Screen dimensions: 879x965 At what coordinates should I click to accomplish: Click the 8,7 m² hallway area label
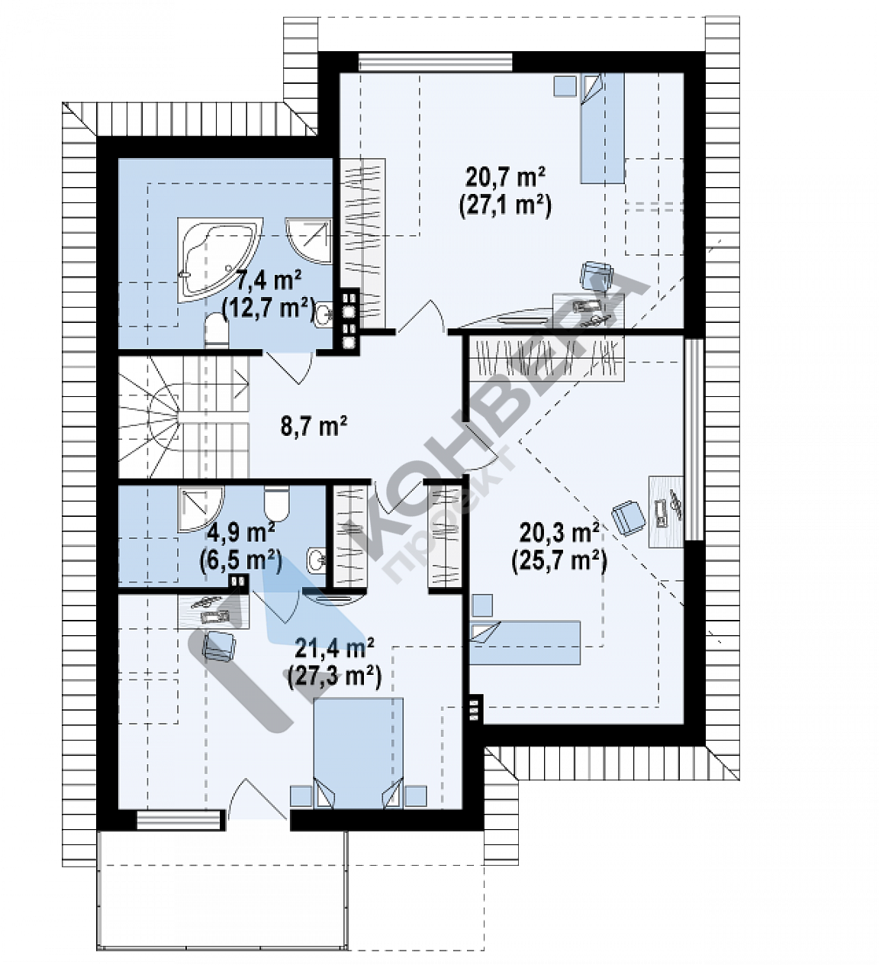(x=314, y=426)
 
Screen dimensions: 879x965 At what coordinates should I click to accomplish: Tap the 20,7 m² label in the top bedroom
(x=505, y=178)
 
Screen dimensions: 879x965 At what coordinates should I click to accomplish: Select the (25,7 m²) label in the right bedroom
(x=559, y=561)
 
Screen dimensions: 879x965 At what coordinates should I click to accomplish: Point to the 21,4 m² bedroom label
(x=334, y=648)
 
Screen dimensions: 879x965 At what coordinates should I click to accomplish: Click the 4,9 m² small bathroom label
(x=240, y=533)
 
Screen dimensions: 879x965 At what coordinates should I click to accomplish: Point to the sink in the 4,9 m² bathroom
(x=317, y=560)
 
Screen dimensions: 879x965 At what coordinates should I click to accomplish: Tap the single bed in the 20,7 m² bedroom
(x=603, y=128)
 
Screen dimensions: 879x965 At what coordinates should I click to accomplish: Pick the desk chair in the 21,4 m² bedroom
(x=219, y=645)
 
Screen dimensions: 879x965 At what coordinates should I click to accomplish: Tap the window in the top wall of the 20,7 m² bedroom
(x=435, y=63)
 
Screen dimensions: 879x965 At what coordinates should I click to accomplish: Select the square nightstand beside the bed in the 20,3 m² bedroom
(x=483, y=605)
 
